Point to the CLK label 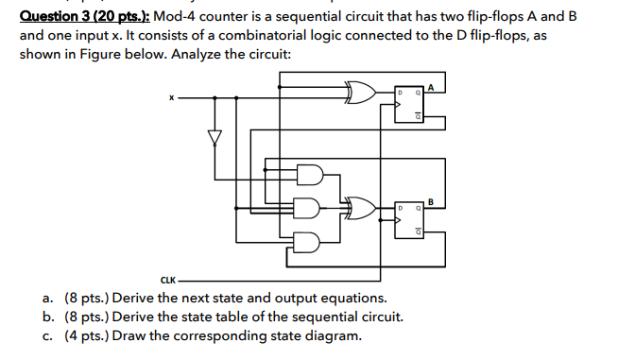[168, 280]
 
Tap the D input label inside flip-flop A [400, 94]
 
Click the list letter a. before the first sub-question [48, 299]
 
